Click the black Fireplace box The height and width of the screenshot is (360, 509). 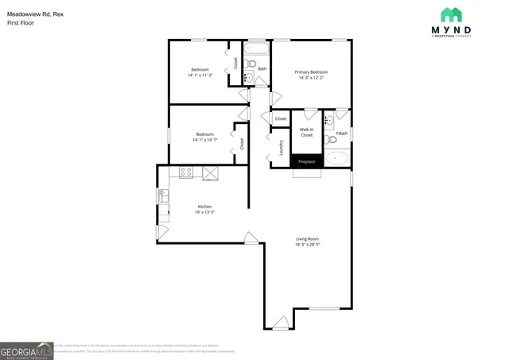306,161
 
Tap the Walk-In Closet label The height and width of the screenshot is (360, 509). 306,132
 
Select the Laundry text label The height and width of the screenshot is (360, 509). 282,147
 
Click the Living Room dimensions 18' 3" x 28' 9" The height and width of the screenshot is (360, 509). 308,245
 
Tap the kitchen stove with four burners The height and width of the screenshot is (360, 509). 187,172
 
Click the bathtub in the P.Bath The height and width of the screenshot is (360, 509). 338,158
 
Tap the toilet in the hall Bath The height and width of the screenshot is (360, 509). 248,77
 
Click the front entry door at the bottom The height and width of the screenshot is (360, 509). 280,323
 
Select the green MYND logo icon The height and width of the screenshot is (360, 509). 451,15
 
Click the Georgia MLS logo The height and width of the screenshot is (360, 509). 26,350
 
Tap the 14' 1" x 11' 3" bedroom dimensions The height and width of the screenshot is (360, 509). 200,75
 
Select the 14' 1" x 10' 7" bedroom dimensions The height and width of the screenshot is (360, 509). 204,140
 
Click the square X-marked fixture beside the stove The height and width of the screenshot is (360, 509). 211,172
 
